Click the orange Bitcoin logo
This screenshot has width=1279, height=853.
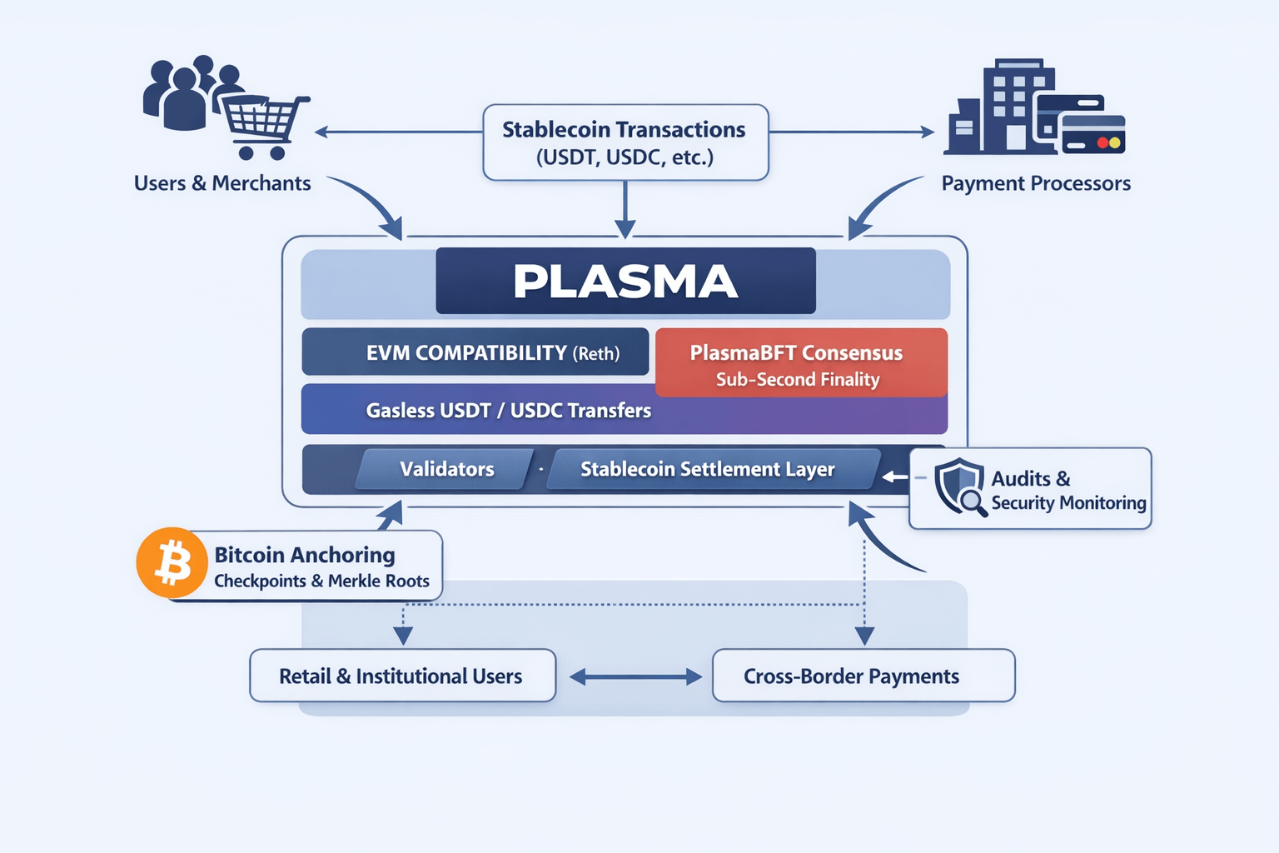click(x=172, y=562)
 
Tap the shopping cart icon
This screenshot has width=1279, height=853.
click(x=262, y=125)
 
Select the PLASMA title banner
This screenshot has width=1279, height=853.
click(x=625, y=281)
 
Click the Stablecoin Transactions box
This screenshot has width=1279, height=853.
click(x=625, y=142)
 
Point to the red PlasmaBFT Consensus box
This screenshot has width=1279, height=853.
click(x=801, y=363)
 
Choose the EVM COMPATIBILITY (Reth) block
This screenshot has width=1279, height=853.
click(x=475, y=352)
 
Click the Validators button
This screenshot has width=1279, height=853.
click(x=446, y=469)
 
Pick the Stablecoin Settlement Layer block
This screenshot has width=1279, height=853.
click(x=708, y=469)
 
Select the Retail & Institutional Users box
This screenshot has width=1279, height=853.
click(x=402, y=676)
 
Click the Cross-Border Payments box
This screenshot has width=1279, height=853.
click(x=863, y=676)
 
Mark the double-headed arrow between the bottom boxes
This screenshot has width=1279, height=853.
click(x=635, y=677)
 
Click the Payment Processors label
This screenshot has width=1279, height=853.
click(x=1036, y=183)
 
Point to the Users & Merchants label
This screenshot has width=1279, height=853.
click(x=222, y=183)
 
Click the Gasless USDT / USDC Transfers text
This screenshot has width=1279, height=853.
click(x=509, y=410)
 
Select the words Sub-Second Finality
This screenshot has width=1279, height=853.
click(x=798, y=380)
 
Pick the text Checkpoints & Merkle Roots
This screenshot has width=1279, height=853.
click(x=321, y=581)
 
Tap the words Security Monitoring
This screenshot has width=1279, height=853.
click(x=1068, y=502)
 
